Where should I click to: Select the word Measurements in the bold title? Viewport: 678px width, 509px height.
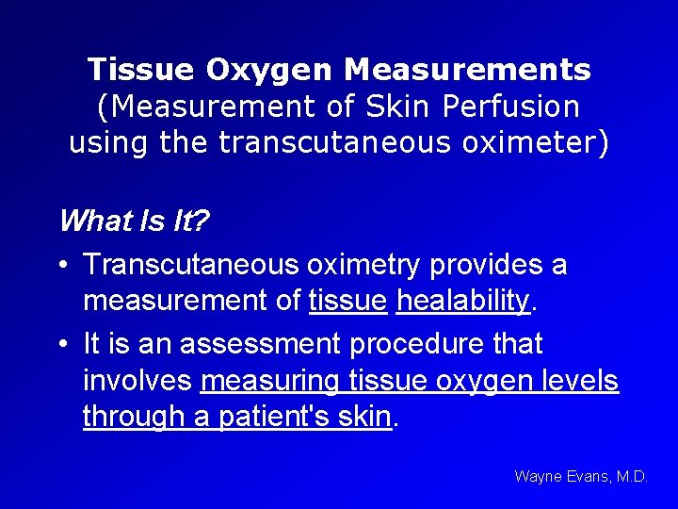[x=467, y=69]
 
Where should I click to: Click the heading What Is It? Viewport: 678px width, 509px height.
[x=134, y=222]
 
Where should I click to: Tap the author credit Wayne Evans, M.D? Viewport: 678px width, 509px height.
[x=581, y=477]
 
